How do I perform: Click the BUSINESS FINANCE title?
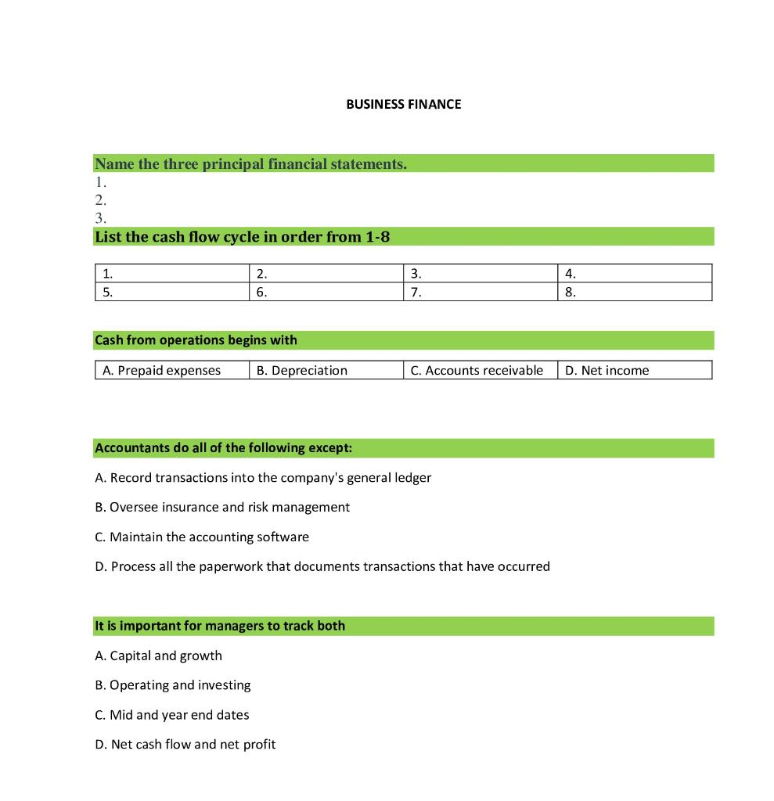(403, 104)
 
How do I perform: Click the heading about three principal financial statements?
(250, 163)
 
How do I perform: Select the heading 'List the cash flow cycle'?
(242, 236)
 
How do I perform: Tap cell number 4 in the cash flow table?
(635, 274)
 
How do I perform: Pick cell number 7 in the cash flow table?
(481, 293)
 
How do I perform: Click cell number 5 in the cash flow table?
(171, 293)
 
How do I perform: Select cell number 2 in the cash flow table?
(326, 274)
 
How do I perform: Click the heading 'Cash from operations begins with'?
(196, 340)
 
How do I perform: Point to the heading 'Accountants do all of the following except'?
(223, 448)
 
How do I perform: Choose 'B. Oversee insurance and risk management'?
(222, 507)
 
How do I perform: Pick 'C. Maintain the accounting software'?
(202, 537)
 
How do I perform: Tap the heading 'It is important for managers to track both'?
(220, 626)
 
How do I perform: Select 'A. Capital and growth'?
(158, 656)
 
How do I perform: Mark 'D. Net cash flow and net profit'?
(185, 745)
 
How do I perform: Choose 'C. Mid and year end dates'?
(172, 715)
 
